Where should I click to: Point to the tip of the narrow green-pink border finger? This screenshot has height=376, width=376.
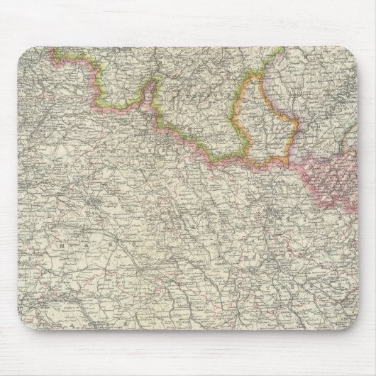click(x=150, y=83)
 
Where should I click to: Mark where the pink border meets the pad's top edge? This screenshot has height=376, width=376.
click(x=52, y=48)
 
